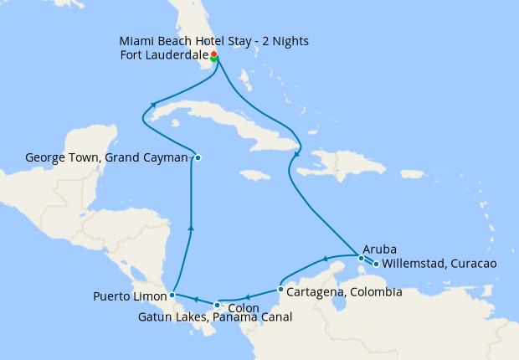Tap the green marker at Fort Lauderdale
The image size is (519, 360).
[214, 59]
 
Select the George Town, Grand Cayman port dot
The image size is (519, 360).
[198, 157]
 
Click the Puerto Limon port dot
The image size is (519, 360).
[172, 295]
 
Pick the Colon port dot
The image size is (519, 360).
[217, 305]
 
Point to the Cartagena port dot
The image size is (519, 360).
[280, 290]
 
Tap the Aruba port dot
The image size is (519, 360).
[361, 258]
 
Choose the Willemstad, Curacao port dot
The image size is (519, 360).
[376, 265]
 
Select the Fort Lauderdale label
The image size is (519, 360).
[164, 56]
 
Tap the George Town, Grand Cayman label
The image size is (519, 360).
[106, 157]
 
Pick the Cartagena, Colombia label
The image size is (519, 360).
[344, 292]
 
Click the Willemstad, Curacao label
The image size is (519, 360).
[439, 265]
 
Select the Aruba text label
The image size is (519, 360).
[379, 249]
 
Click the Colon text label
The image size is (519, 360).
[243, 307]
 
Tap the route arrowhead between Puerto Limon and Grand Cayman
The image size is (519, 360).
[192, 226]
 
